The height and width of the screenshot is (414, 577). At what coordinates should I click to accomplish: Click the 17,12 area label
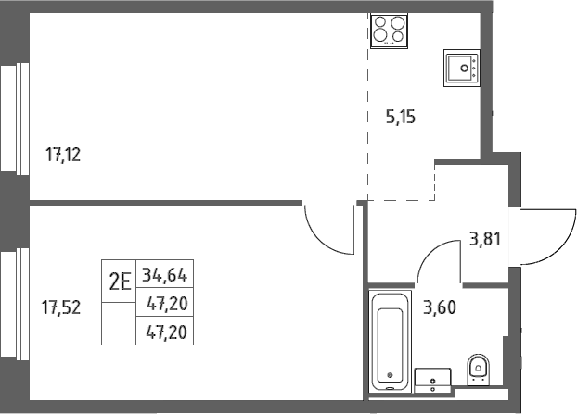click(63, 155)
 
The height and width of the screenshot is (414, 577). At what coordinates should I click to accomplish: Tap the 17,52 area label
click(61, 307)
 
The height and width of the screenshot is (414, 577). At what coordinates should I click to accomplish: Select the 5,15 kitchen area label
click(401, 118)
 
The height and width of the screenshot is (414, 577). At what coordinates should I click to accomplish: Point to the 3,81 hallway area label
click(485, 239)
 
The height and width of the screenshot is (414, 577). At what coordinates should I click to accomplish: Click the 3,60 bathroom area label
click(440, 307)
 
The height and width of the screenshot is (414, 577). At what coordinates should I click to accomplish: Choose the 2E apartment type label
click(120, 282)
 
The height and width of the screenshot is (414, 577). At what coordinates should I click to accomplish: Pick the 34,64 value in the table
click(165, 274)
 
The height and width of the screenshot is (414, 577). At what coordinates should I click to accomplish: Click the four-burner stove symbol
click(389, 31)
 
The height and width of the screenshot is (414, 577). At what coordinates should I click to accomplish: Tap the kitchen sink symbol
click(462, 68)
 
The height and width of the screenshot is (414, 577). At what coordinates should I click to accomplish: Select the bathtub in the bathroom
click(390, 342)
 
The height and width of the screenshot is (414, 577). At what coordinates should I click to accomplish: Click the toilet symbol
click(479, 370)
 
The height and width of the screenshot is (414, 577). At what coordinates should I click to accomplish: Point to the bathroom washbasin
click(432, 381)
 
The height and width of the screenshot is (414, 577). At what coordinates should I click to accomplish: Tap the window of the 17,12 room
click(15, 119)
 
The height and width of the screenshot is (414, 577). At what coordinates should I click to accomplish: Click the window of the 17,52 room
click(15, 305)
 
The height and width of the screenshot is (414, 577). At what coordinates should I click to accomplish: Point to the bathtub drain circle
click(390, 375)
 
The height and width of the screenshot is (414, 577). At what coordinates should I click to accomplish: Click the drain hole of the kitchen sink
click(465, 68)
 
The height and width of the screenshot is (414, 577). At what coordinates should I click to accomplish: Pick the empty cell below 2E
click(119, 323)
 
